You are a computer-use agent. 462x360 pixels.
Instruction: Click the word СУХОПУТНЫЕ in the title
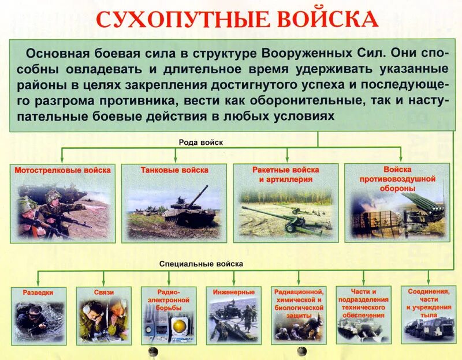tap(177, 18)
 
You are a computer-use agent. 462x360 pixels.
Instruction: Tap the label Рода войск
tap(200, 141)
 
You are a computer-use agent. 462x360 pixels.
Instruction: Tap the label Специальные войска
tap(202, 264)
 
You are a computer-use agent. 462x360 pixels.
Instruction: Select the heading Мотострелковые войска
tap(62, 171)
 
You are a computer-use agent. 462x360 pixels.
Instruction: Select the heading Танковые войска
tap(174, 171)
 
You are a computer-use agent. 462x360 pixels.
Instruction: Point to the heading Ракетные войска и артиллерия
tap(285, 175)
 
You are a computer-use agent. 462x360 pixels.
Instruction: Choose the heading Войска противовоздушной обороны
tap(397, 179)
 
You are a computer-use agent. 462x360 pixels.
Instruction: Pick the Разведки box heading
tap(39, 292)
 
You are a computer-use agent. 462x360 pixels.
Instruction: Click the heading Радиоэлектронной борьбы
tap(169, 300)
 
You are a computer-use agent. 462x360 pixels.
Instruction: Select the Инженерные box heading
tap(233, 292)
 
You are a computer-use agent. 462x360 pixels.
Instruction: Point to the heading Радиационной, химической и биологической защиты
tap(298, 304)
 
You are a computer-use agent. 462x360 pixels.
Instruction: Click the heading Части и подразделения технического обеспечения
tap(363, 303)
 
